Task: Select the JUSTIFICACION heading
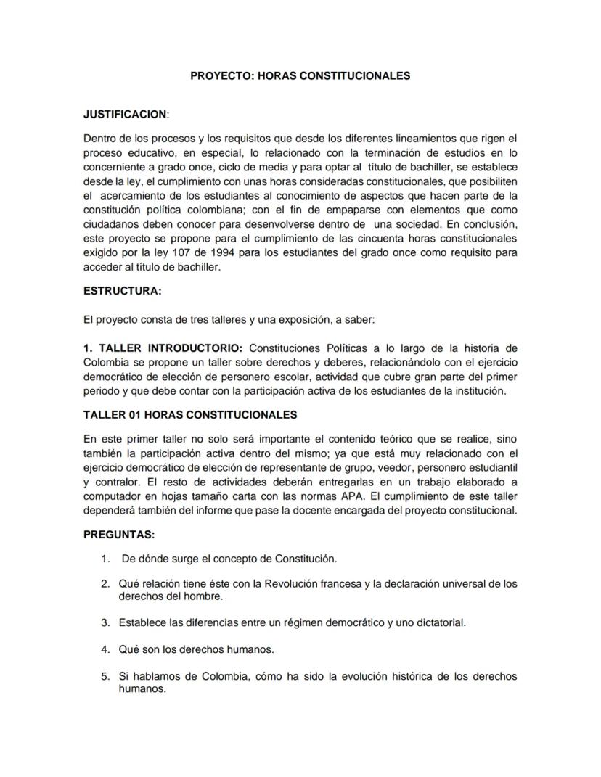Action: coord(125,115)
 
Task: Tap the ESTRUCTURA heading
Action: coord(122,291)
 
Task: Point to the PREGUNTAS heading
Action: coord(118,534)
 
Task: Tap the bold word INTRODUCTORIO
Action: coord(181,348)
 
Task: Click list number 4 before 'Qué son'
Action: coord(105,649)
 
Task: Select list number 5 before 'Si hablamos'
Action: coord(105,676)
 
